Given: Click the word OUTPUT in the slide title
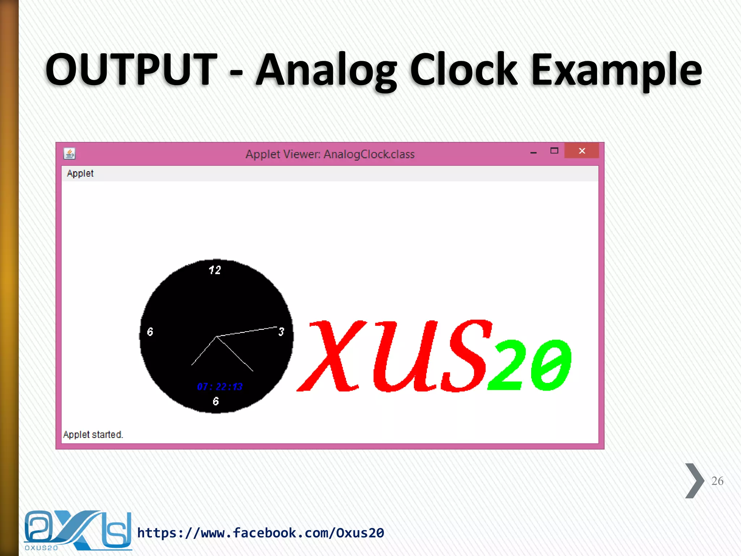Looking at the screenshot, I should point(131,69).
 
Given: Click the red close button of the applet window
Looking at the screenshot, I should point(581,151).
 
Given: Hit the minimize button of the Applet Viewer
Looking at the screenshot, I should point(533,152).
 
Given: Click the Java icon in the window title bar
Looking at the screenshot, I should point(69,154).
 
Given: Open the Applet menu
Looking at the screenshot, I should point(80,174).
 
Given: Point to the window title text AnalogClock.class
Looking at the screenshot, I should point(369,155).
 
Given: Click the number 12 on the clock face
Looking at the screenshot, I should point(215,270).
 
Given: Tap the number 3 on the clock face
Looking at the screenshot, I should point(281,332).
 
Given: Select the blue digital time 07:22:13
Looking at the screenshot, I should point(220,387).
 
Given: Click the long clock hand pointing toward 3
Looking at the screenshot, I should point(250,331).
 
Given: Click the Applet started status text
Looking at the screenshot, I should point(93,434).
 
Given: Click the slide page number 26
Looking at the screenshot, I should point(717,481).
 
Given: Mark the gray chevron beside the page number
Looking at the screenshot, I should point(694,481).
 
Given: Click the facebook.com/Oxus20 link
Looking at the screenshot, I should point(261,533).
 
